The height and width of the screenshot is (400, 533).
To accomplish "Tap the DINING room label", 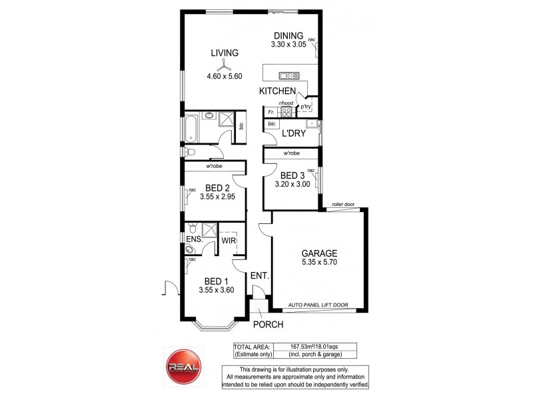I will coord(287,36).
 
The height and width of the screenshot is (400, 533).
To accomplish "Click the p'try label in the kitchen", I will coord(306,107).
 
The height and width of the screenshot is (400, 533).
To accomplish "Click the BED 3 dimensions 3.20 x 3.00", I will coord(291,185).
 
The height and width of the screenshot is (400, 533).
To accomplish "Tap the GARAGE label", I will coord(319,253).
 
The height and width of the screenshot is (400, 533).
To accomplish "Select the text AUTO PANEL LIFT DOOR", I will coord(318,305).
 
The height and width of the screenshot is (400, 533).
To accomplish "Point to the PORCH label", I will coord(268,325).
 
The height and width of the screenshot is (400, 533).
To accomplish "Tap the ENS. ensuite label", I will coord(194,239).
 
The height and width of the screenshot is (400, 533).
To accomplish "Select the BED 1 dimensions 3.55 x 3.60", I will coord(218,290).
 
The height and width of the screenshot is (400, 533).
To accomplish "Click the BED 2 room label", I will coord(218,187).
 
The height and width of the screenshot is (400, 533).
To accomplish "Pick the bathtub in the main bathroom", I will coord(191,128).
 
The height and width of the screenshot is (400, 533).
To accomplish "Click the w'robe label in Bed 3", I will coord(290,153).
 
